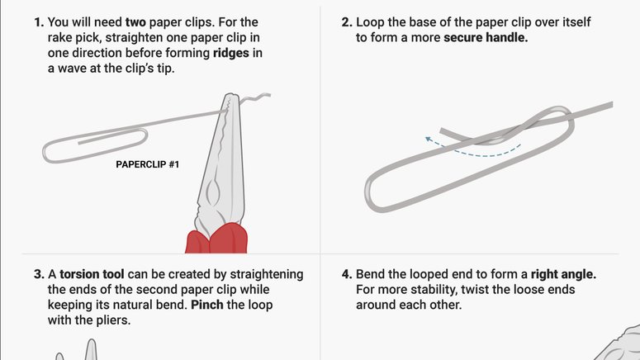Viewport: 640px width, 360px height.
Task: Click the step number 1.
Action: [39, 22]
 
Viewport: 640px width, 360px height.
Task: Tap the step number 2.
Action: [347, 22]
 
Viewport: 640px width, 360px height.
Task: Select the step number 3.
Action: [39, 274]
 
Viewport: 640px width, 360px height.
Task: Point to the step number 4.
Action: [347, 274]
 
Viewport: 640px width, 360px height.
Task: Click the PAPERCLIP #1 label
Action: [147, 164]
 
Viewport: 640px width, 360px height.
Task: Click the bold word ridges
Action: [231, 54]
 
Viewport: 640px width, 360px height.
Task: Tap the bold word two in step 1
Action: [135, 22]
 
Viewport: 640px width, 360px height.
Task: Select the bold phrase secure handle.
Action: [486, 37]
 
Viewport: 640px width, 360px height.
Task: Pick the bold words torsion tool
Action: [92, 274]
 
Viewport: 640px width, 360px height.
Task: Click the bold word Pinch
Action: [207, 305]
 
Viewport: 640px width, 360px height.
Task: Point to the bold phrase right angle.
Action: [563, 275]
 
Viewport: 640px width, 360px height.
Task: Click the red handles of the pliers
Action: [216, 238]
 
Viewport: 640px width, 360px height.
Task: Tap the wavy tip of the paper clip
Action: [255, 98]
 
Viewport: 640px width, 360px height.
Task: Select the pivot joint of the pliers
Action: [213, 191]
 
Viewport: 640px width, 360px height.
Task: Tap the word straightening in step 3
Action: [267, 275]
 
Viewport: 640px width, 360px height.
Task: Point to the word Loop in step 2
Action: [370, 22]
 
